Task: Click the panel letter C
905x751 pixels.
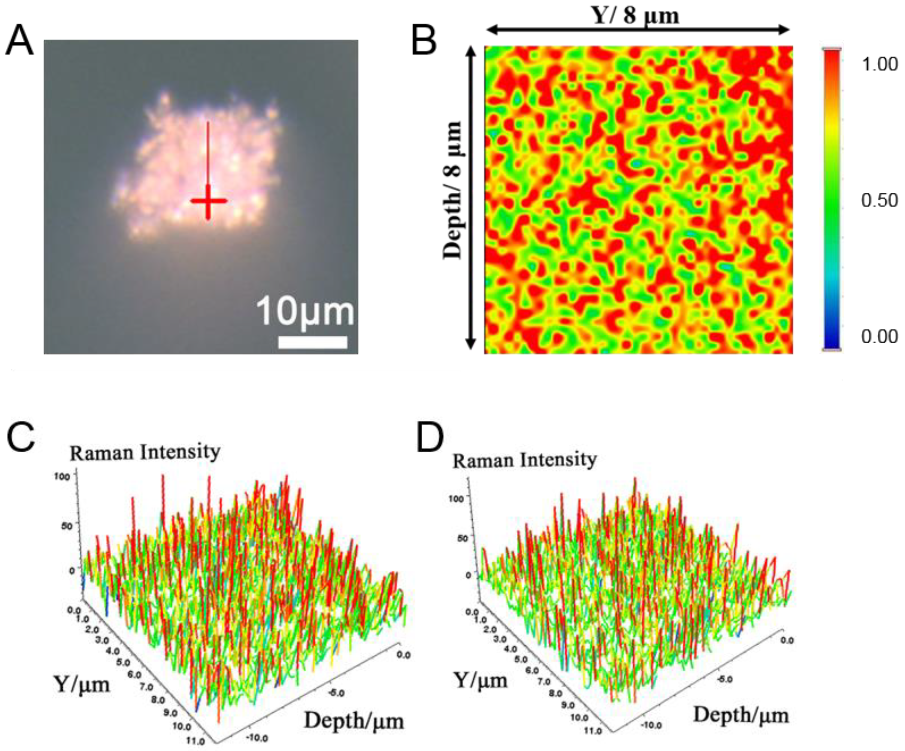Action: [20, 438]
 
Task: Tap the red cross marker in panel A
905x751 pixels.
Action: [209, 201]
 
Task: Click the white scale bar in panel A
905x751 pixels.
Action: [312, 342]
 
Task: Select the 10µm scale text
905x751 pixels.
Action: [305, 312]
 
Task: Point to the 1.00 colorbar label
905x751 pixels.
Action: [879, 65]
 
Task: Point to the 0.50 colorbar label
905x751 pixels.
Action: [879, 201]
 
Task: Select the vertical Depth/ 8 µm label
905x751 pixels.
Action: [453, 190]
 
